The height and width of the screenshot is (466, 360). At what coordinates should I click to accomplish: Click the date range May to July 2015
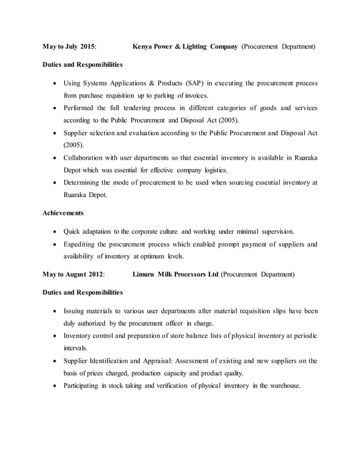click(69, 45)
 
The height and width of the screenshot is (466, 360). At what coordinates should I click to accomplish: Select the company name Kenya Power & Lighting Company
click(185, 45)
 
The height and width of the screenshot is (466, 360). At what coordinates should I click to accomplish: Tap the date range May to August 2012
click(73, 275)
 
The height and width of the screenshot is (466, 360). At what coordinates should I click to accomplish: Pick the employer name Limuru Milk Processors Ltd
click(174, 275)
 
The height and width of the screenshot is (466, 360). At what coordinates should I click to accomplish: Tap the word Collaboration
click(88, 159)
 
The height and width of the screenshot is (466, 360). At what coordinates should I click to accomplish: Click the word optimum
click(153, 256)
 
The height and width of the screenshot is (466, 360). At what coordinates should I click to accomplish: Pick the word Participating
click(85, 386)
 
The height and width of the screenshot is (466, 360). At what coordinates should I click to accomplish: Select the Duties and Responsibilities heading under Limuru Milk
click(82, 293)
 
